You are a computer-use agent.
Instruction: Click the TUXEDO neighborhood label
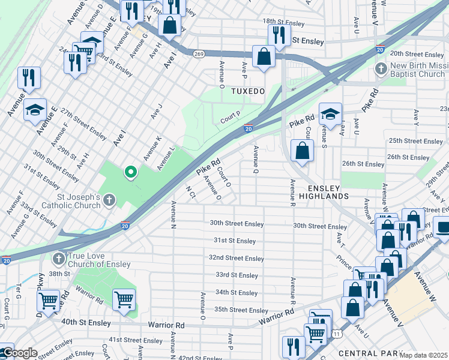point(248,91)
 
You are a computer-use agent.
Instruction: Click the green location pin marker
point(130,173)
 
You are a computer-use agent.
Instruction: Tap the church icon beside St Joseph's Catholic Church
point(109,200)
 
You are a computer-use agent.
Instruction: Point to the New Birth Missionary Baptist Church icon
point(381,70)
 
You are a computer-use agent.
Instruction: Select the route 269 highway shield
point(199,53)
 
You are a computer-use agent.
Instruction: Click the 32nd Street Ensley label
point(236,258)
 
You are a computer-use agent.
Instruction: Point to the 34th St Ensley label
point(236,293)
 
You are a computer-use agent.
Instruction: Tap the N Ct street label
point(191,193)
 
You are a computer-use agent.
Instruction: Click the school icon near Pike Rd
point(330,113)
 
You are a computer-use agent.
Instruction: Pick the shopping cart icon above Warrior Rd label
point(124,299)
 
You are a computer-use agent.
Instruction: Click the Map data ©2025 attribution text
point(424,355)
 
